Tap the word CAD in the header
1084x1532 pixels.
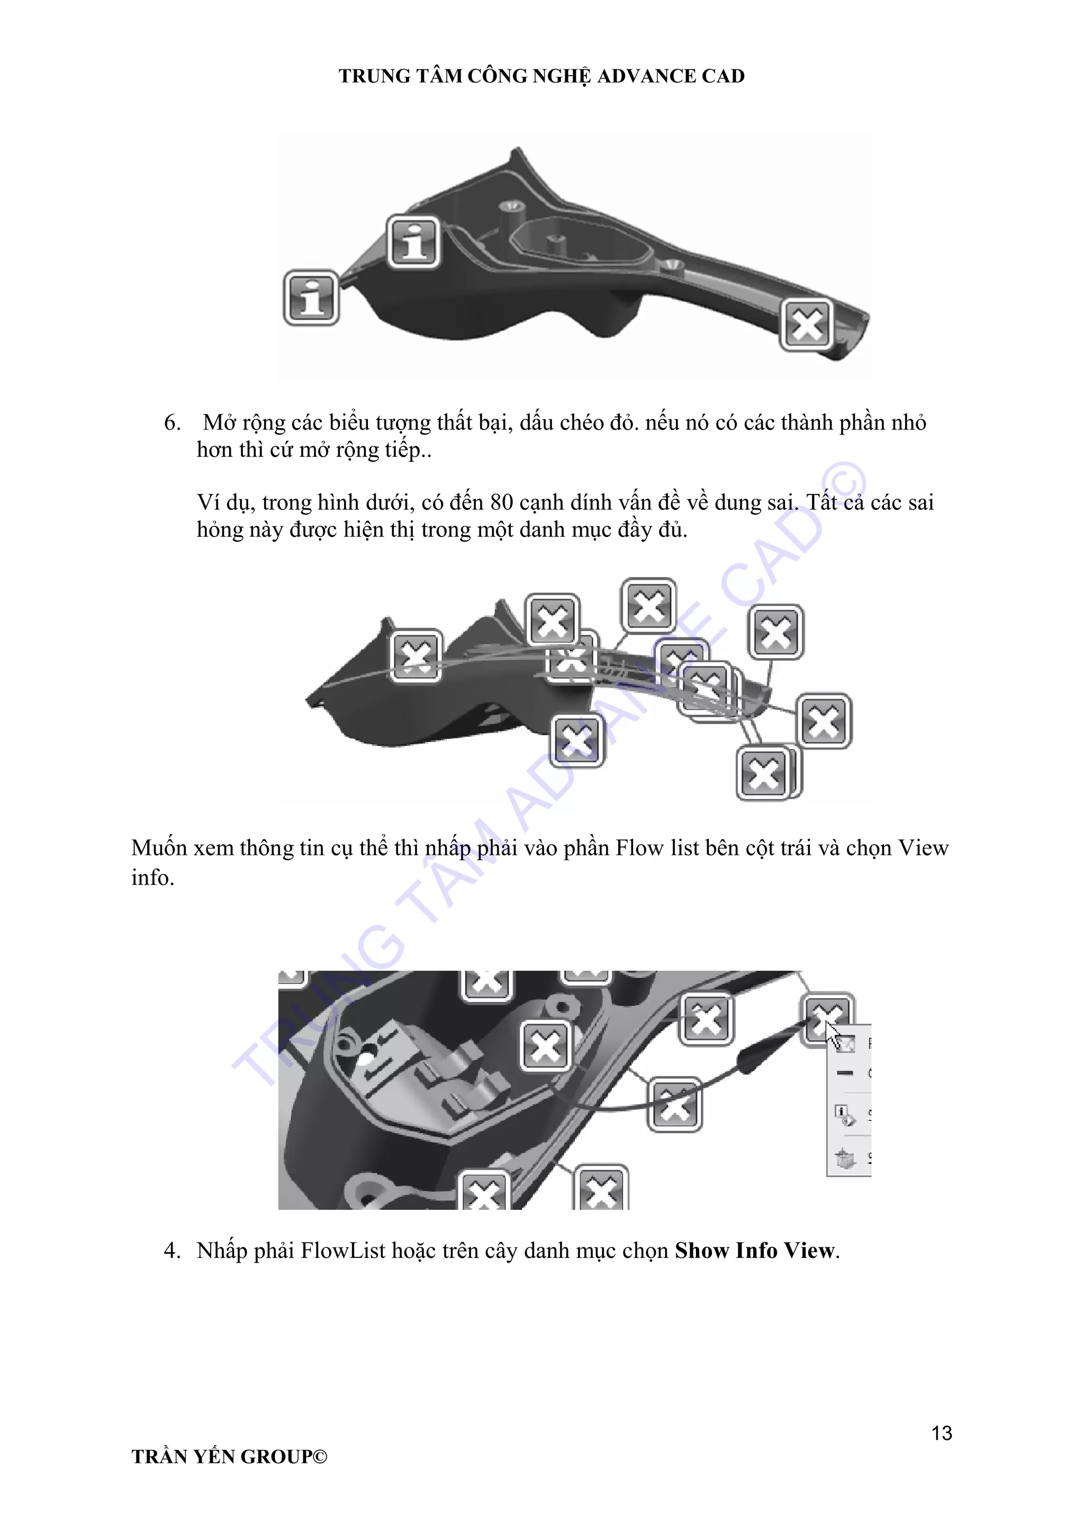pos(723,76)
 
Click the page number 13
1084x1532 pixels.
pos(941,1433)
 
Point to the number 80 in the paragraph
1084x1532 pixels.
pos(501,502)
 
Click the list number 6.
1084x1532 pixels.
pos(171,422)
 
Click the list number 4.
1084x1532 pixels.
pos(171,1251)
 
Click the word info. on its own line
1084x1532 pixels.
pos(152,878)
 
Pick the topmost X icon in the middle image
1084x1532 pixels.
pos(649,606)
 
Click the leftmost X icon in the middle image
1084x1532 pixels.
pos(416,656)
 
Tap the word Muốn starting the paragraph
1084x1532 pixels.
pos(159,848)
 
